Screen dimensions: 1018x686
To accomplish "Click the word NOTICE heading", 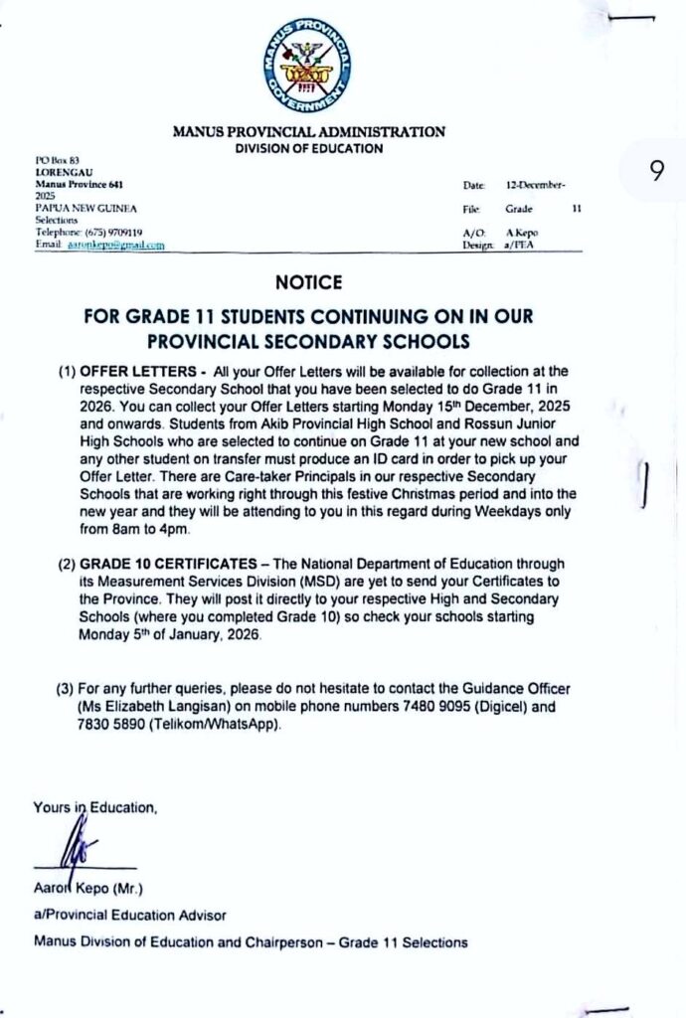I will [308, 283].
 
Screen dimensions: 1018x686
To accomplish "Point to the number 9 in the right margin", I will [656, 171].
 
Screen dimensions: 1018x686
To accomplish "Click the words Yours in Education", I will [95, 808].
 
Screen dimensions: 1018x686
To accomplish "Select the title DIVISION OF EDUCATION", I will [308, 149].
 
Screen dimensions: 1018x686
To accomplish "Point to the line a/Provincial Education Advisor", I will [130, 915].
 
